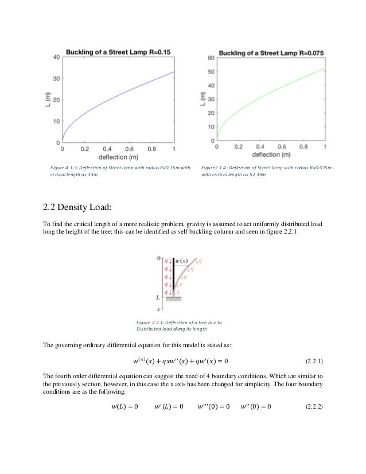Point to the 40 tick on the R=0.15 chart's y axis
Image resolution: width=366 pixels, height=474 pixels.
(56, 57)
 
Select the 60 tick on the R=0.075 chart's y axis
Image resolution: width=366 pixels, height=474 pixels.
(211, 58)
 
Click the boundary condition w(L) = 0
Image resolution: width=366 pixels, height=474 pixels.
(124, 407)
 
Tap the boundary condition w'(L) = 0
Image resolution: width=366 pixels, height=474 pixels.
(169, 407)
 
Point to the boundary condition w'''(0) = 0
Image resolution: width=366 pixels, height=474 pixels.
(214, 407)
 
